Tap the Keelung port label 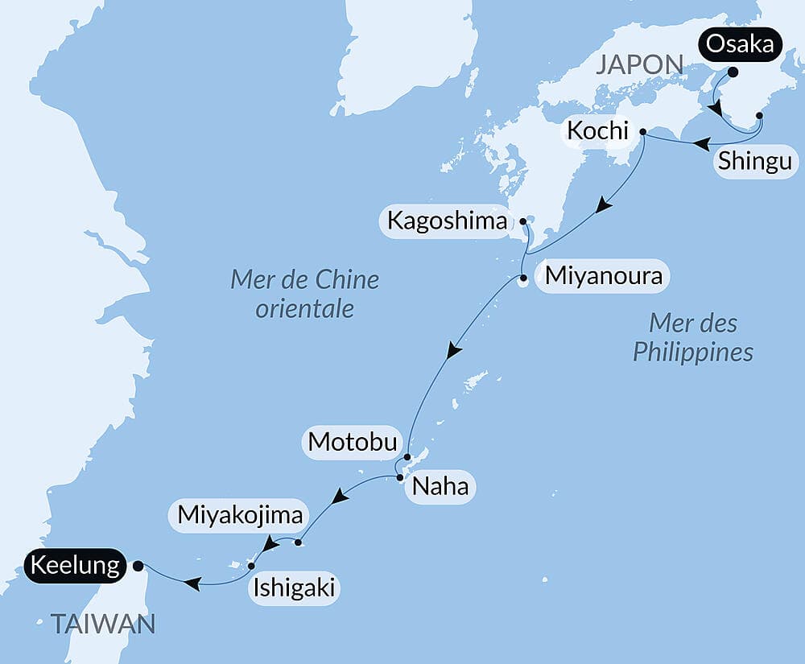point(76,566)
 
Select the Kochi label point(597,130)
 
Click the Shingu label point(755,161)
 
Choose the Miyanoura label point(603,277)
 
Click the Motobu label point(352,442)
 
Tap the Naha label point(440,487)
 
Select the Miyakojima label point(241,514)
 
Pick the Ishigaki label point(293,588)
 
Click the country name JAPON point(639,65)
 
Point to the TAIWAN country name point(103,623)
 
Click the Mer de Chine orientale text point(305,294)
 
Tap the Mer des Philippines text point(693,338)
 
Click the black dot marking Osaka point(733,72)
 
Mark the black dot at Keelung point(138,566)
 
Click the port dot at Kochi point(642,131)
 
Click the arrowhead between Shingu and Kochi point(702,144)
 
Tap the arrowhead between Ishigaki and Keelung point(192,582)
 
